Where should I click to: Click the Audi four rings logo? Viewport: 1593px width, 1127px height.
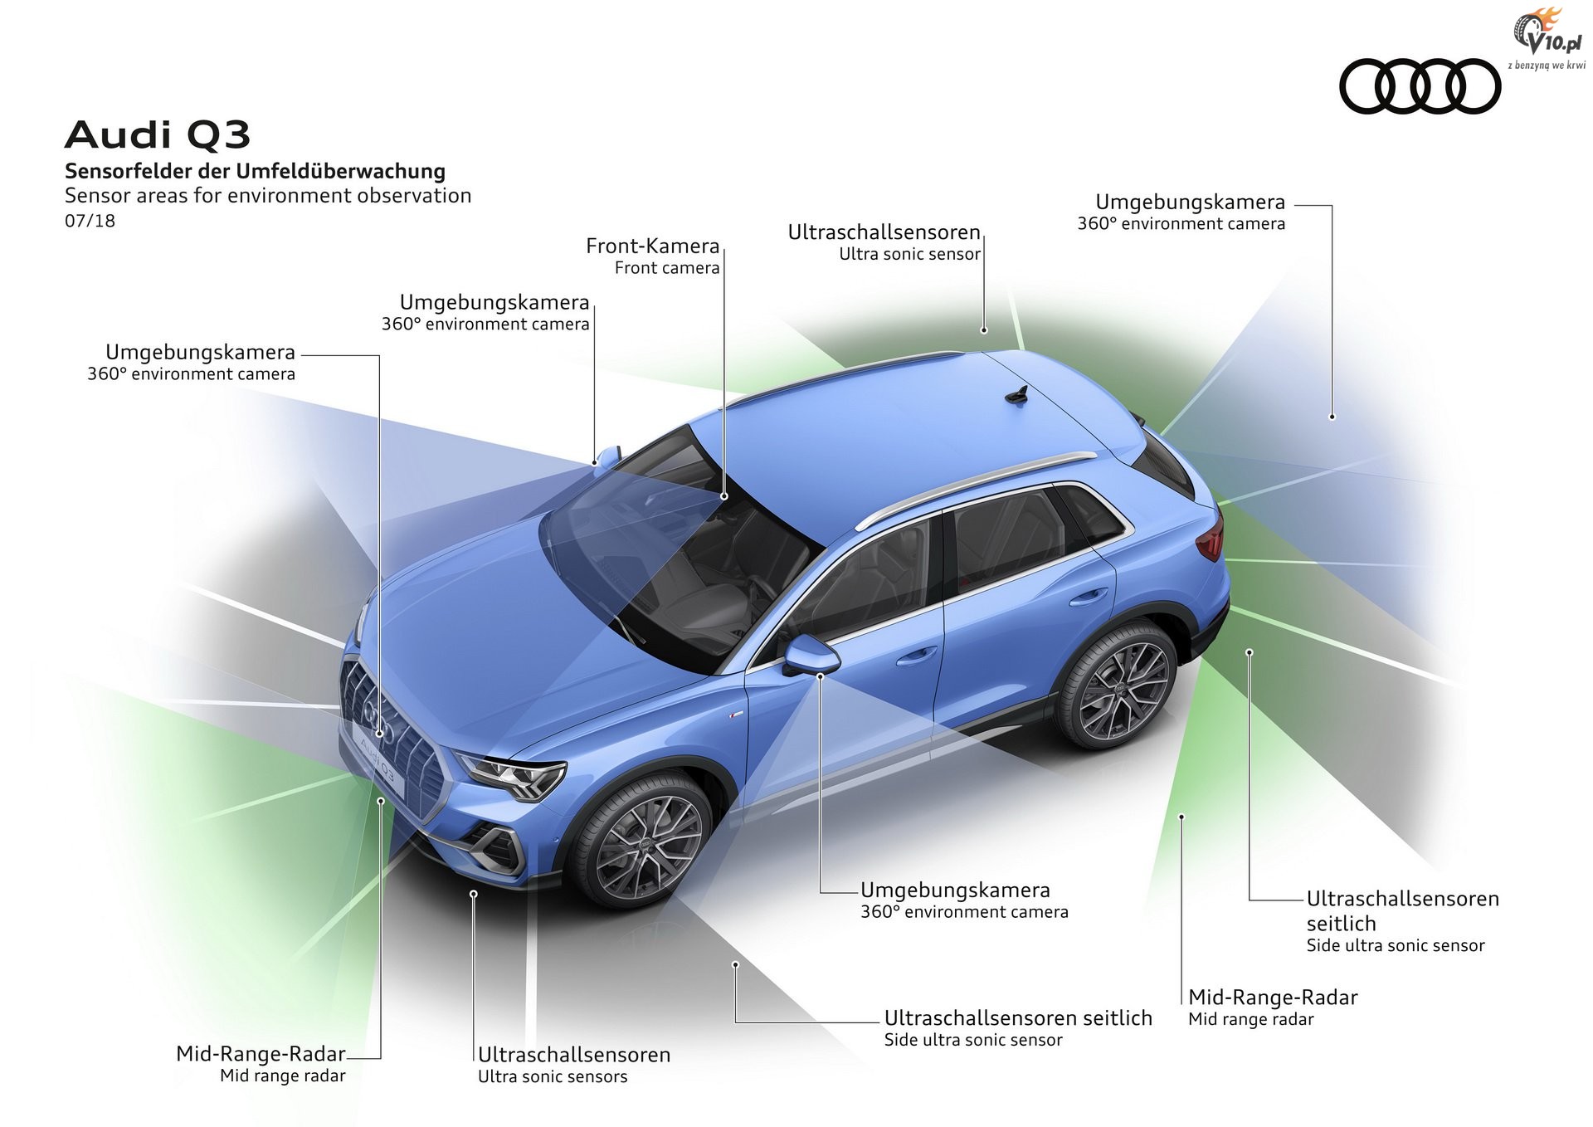(1420, 86)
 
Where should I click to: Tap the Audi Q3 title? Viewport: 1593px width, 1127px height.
(158, 135)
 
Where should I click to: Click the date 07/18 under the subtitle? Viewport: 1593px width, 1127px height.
(90, 221)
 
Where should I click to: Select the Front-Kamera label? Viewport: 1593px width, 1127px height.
(653, 256)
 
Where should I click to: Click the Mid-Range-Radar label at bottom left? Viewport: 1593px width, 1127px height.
(261, 1064)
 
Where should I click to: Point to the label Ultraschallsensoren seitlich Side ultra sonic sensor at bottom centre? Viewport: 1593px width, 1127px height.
(1018, 1028)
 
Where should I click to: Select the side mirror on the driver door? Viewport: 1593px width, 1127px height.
(811, 655)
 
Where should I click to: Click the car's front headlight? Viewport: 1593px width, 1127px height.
(509, 777)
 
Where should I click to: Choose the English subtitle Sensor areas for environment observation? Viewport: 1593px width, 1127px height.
(268, 196)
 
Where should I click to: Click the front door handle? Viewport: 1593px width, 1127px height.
(914, 655)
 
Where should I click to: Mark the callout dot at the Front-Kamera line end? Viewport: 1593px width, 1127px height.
(723, 496)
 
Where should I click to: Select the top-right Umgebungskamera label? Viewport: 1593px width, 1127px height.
(1181, 212)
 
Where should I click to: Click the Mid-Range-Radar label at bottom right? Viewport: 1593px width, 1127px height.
(1273, 1007)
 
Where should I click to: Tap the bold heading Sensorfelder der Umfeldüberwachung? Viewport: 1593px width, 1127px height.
(256, 171)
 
